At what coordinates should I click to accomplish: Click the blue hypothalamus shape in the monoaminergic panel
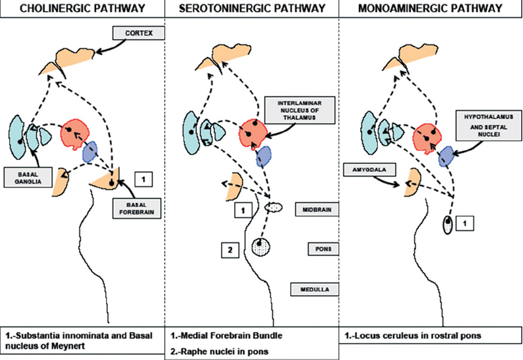[x=447, y=155]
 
